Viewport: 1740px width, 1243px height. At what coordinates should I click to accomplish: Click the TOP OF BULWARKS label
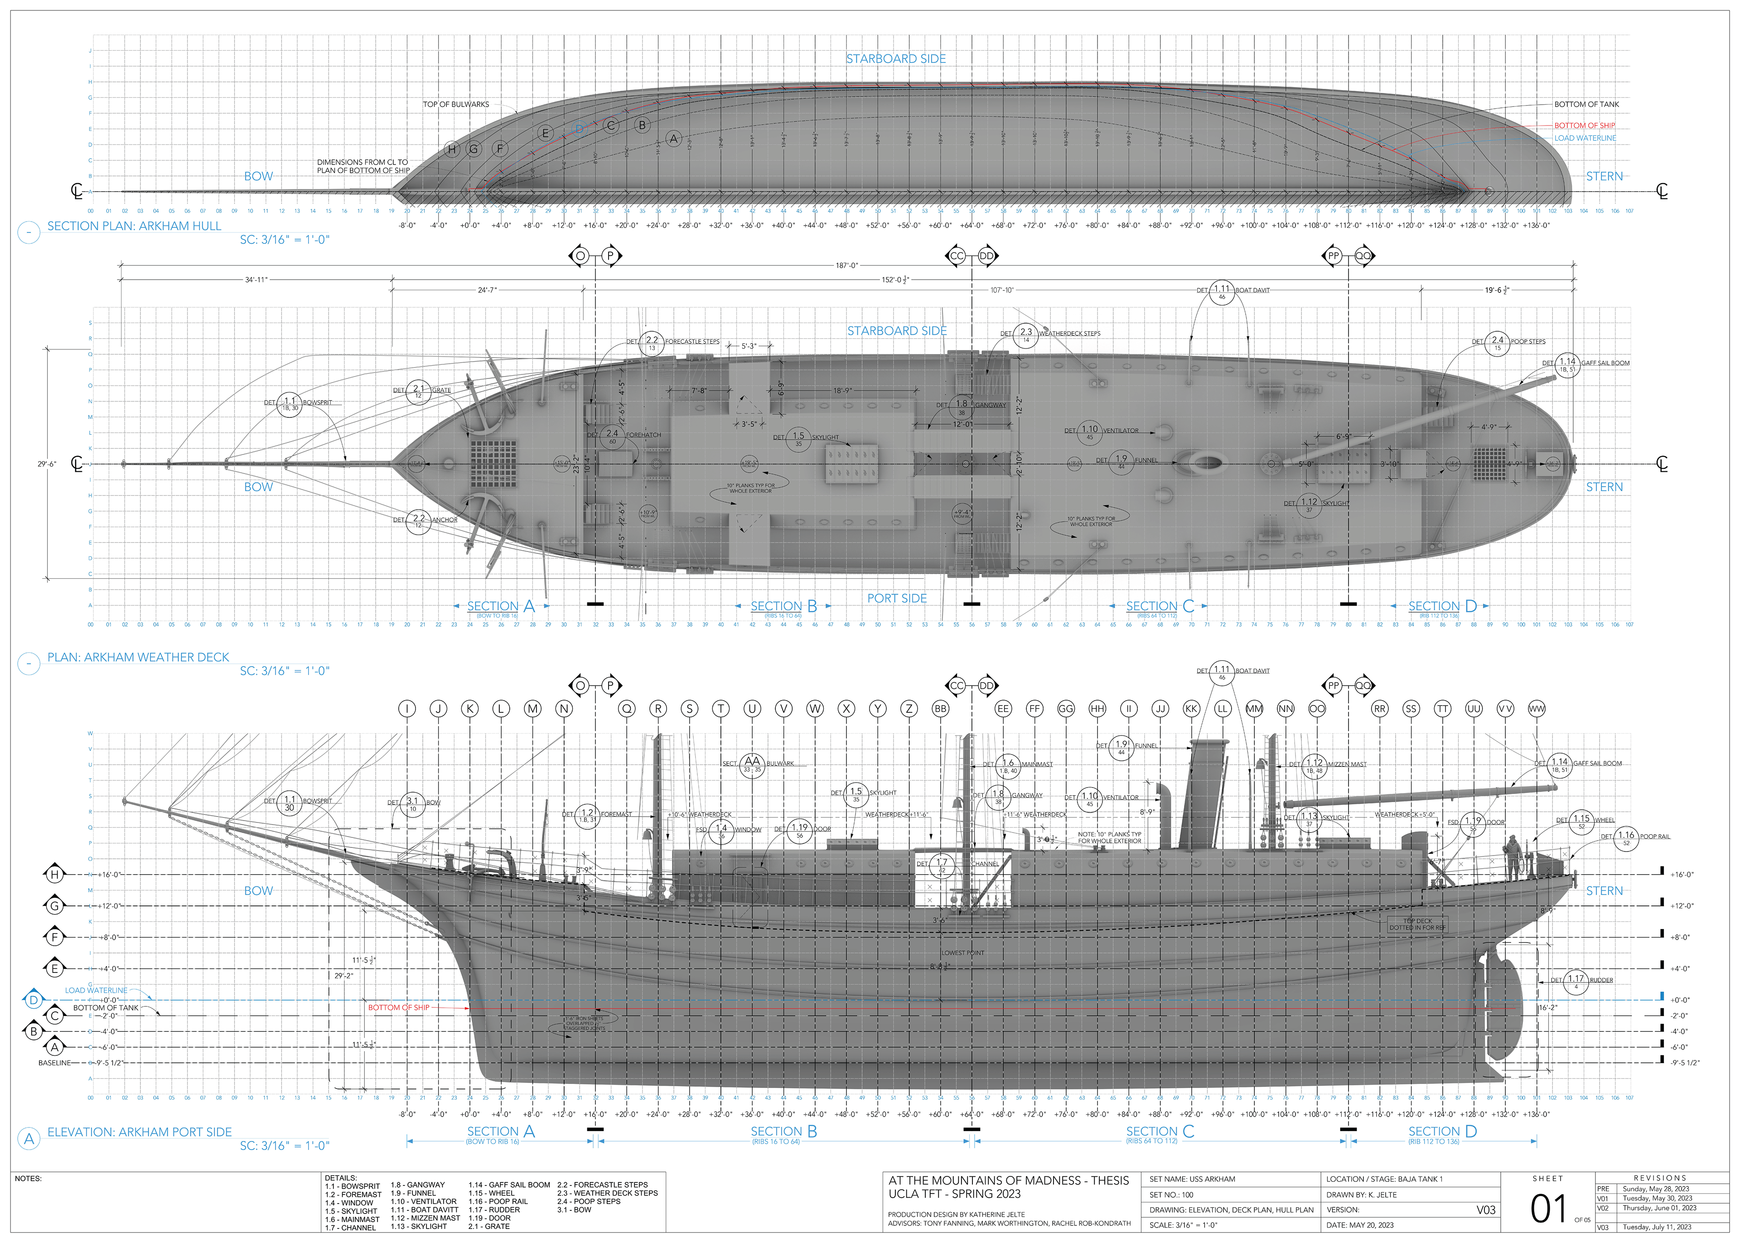[455, 104]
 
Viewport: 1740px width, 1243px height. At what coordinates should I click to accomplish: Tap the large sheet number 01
[1548, 1209]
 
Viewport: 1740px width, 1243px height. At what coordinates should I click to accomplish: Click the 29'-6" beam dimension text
[47, 464]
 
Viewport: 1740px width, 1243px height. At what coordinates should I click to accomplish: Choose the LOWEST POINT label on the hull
[962, 953]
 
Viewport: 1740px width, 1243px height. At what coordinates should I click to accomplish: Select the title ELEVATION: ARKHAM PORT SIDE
[139, 1132]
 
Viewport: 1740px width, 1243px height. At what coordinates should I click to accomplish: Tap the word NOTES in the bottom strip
[28, 1179]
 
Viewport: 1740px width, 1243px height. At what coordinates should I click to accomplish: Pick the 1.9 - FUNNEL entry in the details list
[413, 1193]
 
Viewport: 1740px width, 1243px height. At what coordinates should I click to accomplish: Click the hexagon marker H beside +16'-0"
[54, 874]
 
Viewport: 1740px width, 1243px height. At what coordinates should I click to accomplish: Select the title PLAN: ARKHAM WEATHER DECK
[138, 658]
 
